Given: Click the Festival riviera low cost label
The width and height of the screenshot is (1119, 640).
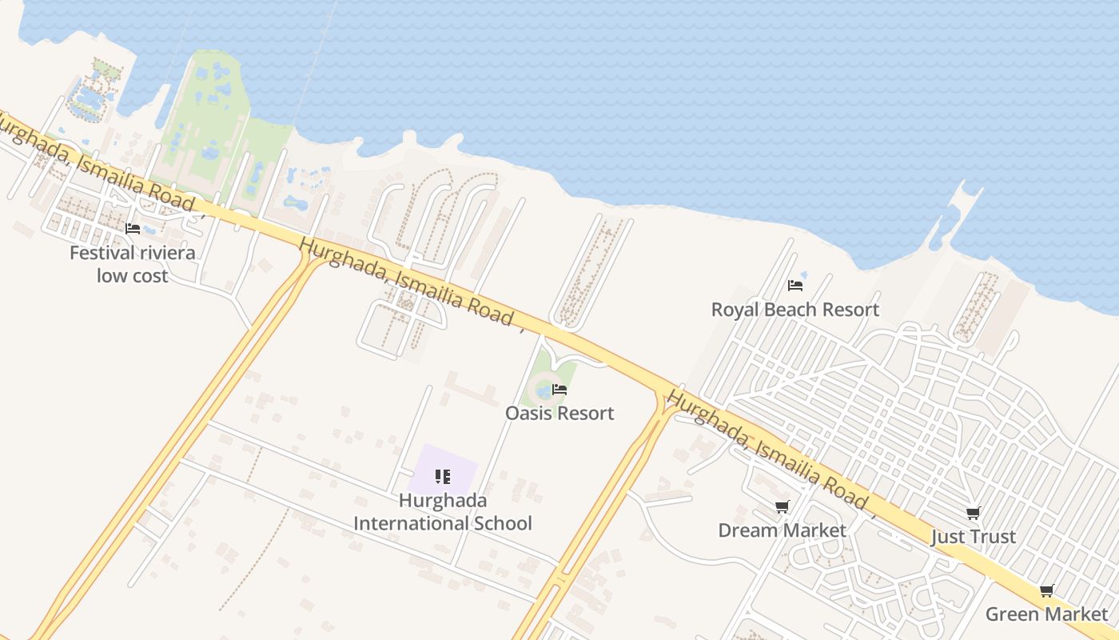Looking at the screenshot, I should [x=132, y=264].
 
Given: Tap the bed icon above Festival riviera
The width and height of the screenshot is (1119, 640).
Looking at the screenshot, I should [x=133, y=229].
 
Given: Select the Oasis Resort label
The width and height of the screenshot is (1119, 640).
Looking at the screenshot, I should [x=559, y=413].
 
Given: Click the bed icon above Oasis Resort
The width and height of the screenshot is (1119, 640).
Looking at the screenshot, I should [x=559, y=390].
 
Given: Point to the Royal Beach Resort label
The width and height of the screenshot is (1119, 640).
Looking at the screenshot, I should [x=794, y=310].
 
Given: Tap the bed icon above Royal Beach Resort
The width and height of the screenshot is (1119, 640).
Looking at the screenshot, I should [x=794, y=285].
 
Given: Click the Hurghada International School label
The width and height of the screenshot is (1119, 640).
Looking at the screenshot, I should [x=443, y=512].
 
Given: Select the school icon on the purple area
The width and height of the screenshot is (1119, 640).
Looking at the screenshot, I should [x=443, y=477].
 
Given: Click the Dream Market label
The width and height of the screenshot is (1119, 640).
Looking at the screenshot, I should [x=782, y=530].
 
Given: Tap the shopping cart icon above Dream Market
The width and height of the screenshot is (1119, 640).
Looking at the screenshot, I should [x=782, y=506].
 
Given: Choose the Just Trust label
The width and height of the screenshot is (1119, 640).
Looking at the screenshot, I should [x=973, y=536].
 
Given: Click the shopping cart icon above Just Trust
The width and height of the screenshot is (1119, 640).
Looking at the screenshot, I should [x=973, y=513].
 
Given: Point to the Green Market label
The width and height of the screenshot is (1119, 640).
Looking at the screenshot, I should [x=1046, y=614].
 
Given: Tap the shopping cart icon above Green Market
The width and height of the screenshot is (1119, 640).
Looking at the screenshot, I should [x=1046, y=591].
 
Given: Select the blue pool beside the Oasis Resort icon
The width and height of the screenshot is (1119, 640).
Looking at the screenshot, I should [x=544, y=392].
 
